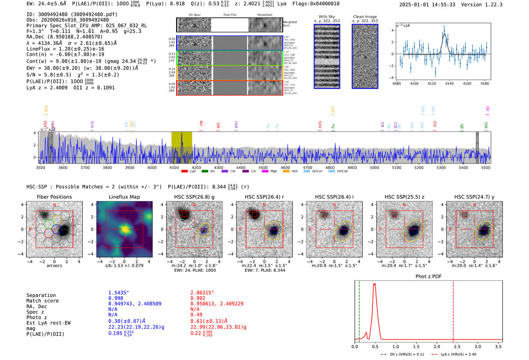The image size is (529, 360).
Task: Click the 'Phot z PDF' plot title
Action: click(x=428, y=277)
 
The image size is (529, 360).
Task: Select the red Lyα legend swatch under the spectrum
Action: click(x=184, y=172)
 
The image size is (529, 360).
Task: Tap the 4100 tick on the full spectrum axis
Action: click(x=174, y=168)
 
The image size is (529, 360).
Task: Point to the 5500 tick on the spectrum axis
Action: click(x=486, y=168)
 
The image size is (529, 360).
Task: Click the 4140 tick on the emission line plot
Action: click(x=450, y=83)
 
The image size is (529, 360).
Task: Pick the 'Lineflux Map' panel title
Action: click(x=124, y=197)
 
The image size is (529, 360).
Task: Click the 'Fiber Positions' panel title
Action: click(x=54, y=197)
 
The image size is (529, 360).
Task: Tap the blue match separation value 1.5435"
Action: click(x=119, y=293)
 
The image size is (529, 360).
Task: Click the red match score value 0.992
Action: click(x=198, y=298)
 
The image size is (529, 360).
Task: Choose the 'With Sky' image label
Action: click(x=327, y=17)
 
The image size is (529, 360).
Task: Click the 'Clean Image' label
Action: click(x=365, y=17)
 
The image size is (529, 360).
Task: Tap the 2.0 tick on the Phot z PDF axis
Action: click(x=437, y=346)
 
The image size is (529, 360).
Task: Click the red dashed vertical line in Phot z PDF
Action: click(x=453, y=310)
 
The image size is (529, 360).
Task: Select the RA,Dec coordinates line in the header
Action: click(x=64, y=37)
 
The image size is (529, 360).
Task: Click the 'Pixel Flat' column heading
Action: click(x=230, y=15)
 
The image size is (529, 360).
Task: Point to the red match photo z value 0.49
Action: click(x=196, y=315)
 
